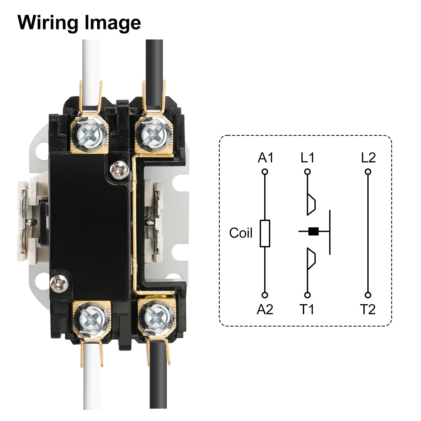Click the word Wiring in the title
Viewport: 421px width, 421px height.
tap(47, 23)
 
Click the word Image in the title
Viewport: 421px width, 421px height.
tap(113, 23)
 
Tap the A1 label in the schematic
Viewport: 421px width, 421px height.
tap(265, 158)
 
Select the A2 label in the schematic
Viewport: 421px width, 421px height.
tap(265, 309)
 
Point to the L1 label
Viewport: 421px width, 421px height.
tap(307, 158)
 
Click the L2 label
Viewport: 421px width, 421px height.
tap(368, 158)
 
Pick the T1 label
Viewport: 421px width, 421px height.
tap(307, 309)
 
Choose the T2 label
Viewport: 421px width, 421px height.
tap(368, 309)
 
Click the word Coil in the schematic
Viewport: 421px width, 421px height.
tap(240, 233)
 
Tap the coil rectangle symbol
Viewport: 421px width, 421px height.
tap(265, 233)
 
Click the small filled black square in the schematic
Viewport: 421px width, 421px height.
tap(313, 231)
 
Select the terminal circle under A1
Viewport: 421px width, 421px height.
tap(265, 172)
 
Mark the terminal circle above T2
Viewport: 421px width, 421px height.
tap(368, 295)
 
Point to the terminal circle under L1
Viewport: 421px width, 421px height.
tap(307, 172)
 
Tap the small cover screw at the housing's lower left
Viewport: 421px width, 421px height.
tap(59, 283)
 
